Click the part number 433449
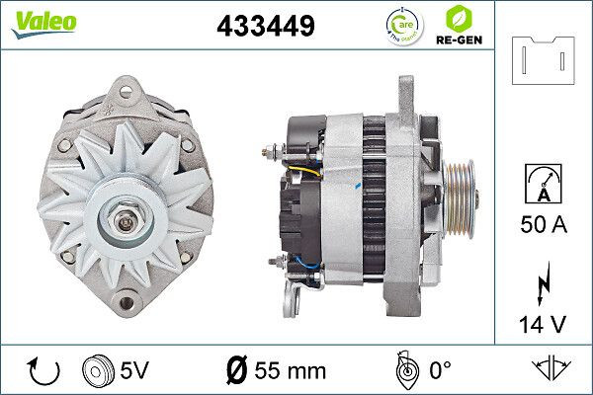tap(264, 26)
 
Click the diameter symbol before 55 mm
tap(238, 370)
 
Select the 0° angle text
tap(442, 370)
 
